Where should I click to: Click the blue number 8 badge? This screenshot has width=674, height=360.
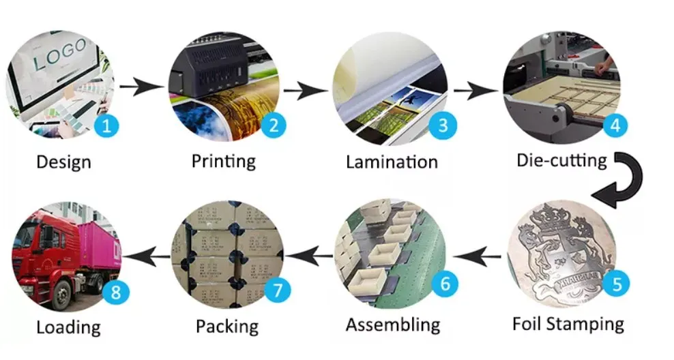coord(115,292)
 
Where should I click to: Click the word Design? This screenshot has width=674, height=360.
coord(63,162)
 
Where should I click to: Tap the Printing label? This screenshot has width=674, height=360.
coord(223,162)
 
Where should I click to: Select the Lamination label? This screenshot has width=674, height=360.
coord(392,162)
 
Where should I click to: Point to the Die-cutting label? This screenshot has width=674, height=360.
coord(561,161)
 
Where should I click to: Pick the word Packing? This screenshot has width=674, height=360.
coord(227,326)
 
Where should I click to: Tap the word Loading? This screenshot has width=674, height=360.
coord(68,327)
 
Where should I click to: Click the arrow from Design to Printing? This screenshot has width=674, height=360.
coord(142,87)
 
